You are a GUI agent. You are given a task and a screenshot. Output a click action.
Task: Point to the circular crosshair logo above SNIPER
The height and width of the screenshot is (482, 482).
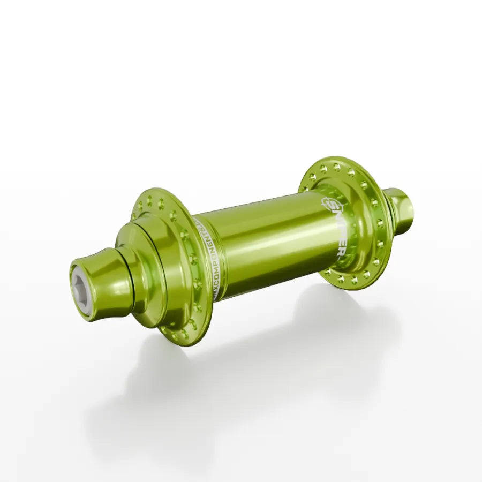coord(327,204)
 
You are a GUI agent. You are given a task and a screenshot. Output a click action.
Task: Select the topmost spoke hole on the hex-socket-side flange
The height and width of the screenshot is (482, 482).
coord(148,201)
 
